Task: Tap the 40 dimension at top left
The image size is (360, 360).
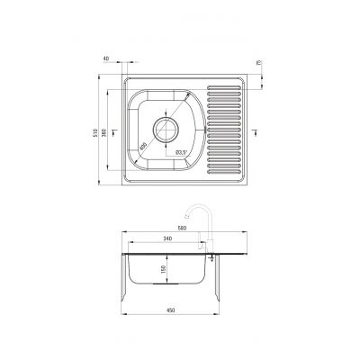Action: tap(107, 60)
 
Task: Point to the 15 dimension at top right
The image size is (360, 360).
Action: tap(259, 63)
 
